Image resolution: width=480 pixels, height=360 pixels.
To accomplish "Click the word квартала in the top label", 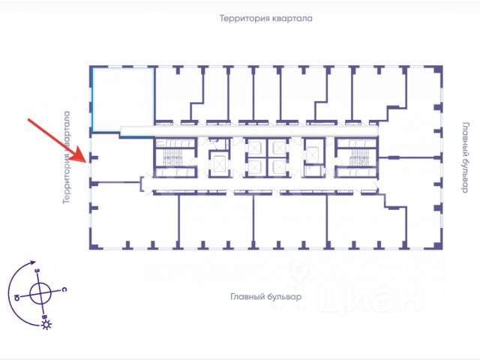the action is (x=293, y=18).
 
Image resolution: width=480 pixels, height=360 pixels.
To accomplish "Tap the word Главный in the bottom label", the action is (x=247, y=297).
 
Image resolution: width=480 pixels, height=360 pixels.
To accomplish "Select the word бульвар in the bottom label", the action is (x=285, y=297).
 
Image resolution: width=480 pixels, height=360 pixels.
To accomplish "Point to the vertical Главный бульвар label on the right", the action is (x=464, y=157).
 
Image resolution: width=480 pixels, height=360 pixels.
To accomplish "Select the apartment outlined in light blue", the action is (x=121, y=98).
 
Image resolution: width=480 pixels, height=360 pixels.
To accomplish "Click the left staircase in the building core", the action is (x=172, y=157).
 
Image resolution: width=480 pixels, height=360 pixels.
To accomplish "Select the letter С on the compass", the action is (x=65, y=289).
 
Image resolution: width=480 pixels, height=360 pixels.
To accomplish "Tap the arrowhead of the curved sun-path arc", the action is (x=32, y=265).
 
